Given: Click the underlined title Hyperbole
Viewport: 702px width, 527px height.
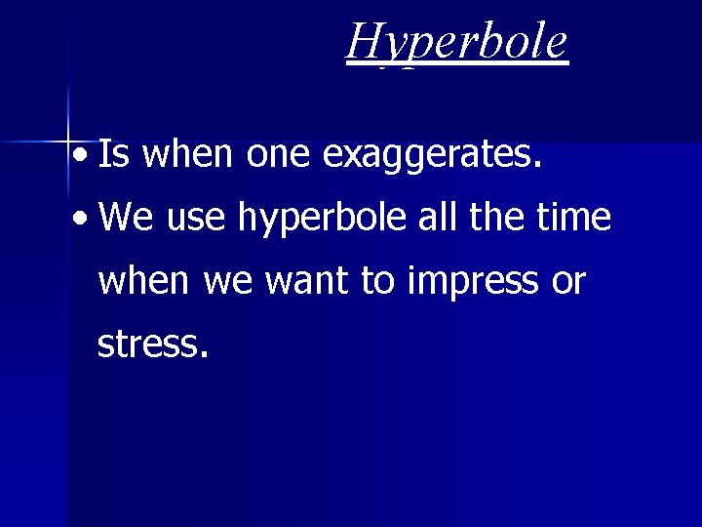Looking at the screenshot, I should point(456,42).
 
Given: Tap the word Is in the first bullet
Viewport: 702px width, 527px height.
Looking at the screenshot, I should point(112,153).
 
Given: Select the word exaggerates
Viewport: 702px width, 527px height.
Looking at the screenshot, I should point(431,154).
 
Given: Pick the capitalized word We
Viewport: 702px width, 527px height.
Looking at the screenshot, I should point(127,217).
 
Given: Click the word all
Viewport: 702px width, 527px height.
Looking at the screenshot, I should point(436,217).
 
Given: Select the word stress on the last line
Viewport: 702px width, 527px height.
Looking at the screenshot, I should point(152,345).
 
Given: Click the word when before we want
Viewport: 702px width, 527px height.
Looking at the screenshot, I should point(145,281).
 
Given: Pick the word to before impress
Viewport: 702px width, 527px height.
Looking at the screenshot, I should point(377,281).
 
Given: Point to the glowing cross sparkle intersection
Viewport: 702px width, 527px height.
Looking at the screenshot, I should point(68,142).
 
